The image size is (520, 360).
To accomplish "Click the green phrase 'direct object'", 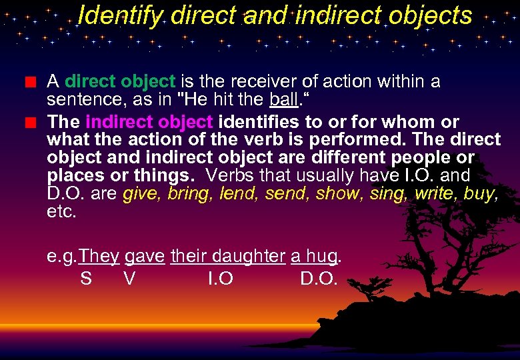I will click(120, 82).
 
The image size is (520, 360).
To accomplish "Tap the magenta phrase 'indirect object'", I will click(149, 123).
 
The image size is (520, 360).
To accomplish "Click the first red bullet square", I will click(29, 83).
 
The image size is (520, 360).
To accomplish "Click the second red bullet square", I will click(29, 123).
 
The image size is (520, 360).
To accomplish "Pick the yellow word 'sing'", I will click(385, 194).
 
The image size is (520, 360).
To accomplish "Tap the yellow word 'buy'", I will click(481, 195).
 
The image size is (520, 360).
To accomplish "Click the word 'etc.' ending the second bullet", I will click(62, 213).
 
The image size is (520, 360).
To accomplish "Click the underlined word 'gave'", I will click(144, 257).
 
